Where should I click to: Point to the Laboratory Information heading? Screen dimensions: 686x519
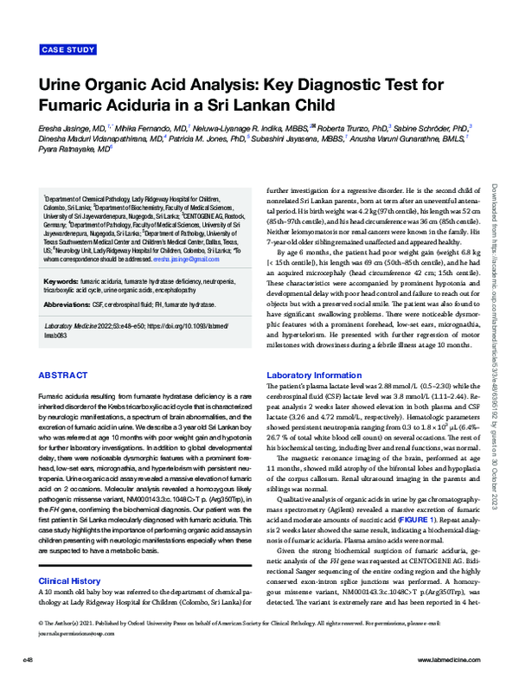(313, 373)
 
